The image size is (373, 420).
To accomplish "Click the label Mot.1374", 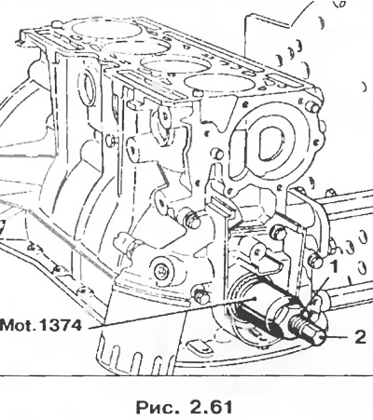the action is pyautogui.click(x=41, y=326).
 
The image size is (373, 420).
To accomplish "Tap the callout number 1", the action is pyautogui.click(x=334, y=267).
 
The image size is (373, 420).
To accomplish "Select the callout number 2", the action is pyautogui.click(x=360, y=337).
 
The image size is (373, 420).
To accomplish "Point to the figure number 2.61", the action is pyautogui.click(x=212, y=407).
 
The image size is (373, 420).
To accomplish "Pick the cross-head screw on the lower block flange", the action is pyautogui.click(x=162, y=271).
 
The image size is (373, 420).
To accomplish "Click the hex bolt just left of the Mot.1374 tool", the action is pyautogui.click(x=200, y=296).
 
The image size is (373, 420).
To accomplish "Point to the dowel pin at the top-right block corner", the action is pyautogui.click(x=314, y=107).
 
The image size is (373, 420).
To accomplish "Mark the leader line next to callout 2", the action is pyautogui.click(x=338, y=336).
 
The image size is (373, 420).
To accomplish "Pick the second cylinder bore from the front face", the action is pyautogui.click(x=175, y=63).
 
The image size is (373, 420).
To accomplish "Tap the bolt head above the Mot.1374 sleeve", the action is pyautogui.click(x=278, y=231).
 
